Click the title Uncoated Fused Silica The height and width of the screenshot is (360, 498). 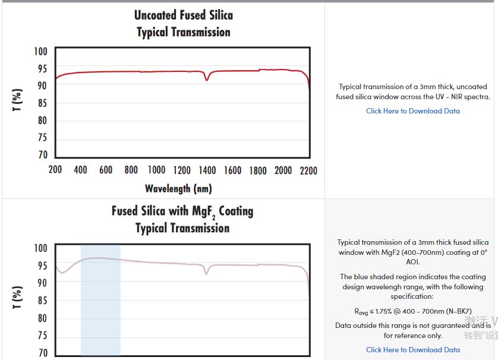click(183, 15)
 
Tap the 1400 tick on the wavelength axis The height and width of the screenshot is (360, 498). click(207, 170)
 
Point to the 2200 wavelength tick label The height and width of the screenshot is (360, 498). click(308, 170)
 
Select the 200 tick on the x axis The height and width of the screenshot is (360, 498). click(55, 170)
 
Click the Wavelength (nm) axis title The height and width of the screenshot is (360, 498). click(178, 188)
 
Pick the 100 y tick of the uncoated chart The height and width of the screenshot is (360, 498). click(40, 51)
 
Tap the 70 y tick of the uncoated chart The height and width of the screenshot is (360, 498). click(42, 155)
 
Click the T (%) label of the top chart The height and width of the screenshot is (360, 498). click(18, 100)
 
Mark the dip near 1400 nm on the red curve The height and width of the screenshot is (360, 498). click(207, 79)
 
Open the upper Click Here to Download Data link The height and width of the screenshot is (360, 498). click(412, 111)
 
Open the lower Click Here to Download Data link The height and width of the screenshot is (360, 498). click(412, 350)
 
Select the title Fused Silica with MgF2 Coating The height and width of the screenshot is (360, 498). click(182, 211)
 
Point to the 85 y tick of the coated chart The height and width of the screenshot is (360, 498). click(42, 301)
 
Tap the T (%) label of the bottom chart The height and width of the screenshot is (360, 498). click(18, 297)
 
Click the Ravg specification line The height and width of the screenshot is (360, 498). click(412, 311)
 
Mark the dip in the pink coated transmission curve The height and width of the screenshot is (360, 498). click(207, 273)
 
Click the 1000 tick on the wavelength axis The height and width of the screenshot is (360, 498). click(157, 170)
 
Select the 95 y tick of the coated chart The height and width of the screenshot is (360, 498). click(42, 266)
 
